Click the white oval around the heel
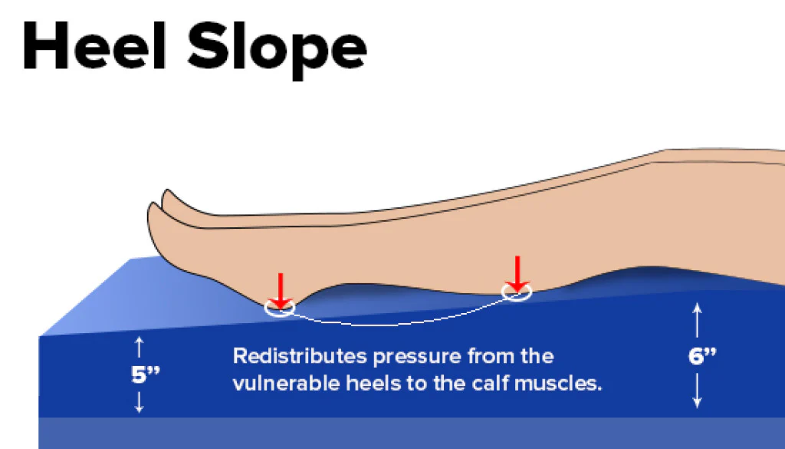tap(280, 309)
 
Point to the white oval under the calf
tap(517, 292)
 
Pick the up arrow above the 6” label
tap(697, 319)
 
